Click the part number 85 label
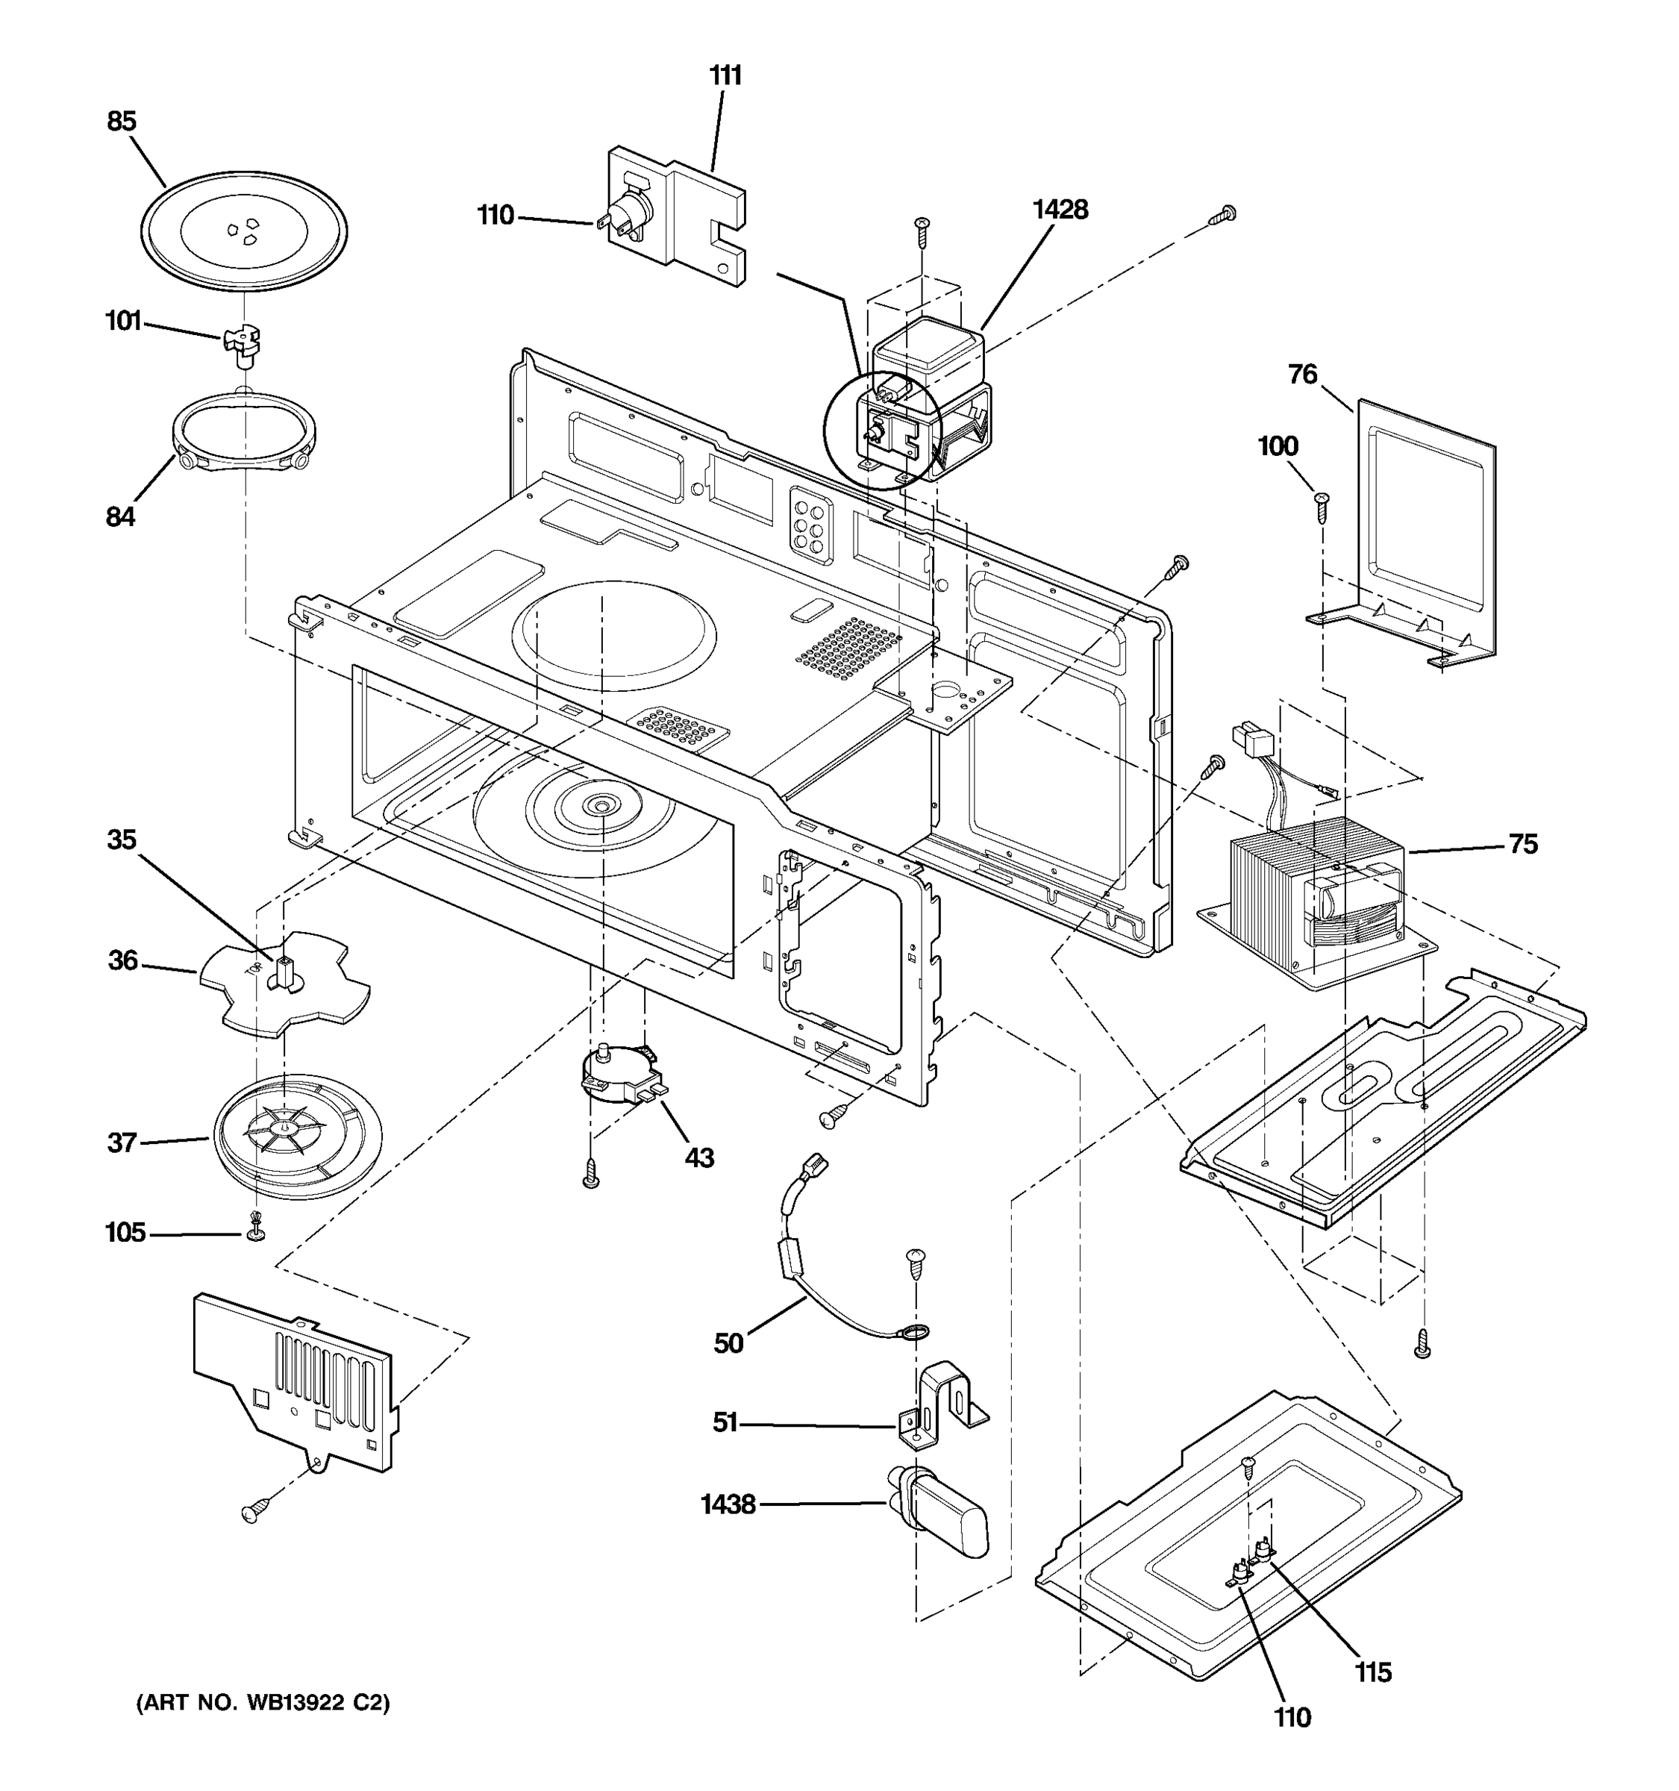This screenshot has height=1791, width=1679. point(122,122)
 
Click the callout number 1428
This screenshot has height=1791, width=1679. point(1060,209)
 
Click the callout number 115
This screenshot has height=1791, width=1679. point(1373,1672)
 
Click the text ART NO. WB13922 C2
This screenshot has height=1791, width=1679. point(263,1703)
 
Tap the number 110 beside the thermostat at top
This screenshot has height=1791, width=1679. point(495,216)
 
